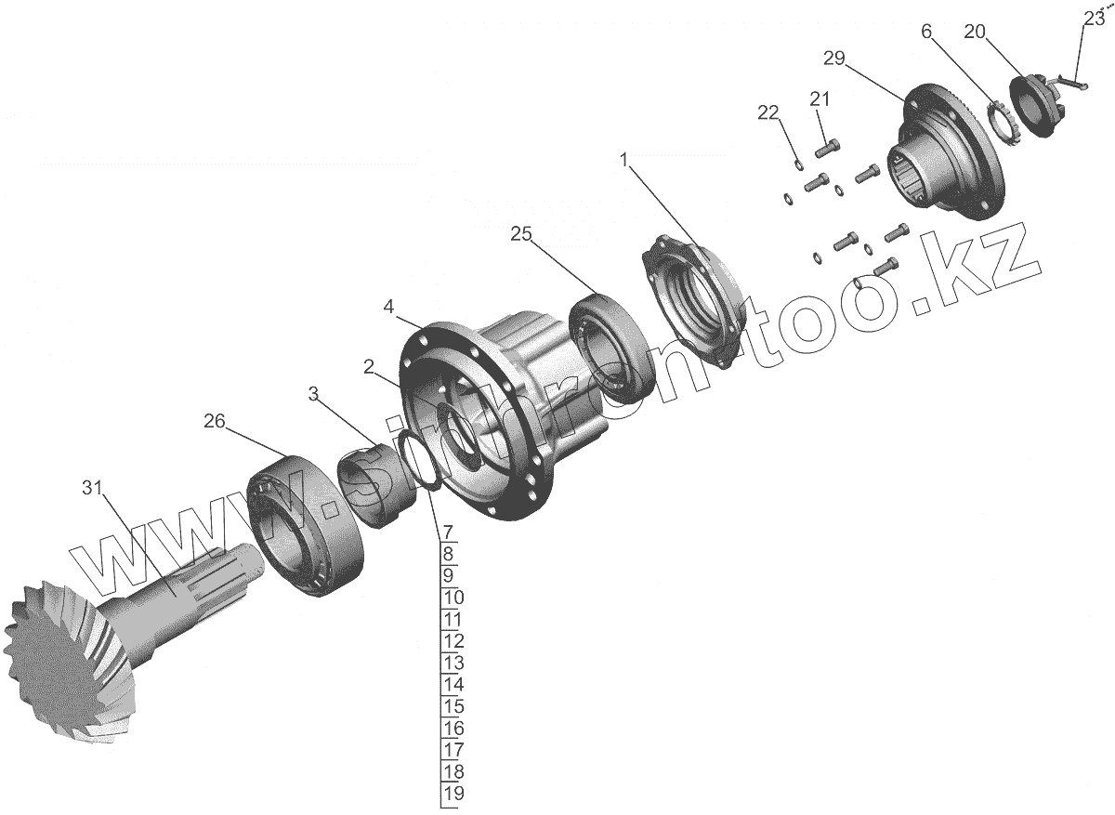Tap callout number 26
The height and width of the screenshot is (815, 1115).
click(x=215, y=422)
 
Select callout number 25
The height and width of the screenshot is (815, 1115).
click(x=520, y=235)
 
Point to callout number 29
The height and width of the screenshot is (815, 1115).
click(x=833, y=59)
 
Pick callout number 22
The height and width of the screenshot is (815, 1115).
click(x=767, y=112)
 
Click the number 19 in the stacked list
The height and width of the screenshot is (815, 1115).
click(x=453, y=794)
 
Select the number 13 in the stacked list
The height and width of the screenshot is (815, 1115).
click(x=453, y=663)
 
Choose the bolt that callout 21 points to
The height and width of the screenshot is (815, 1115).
click(x=830, y=146)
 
